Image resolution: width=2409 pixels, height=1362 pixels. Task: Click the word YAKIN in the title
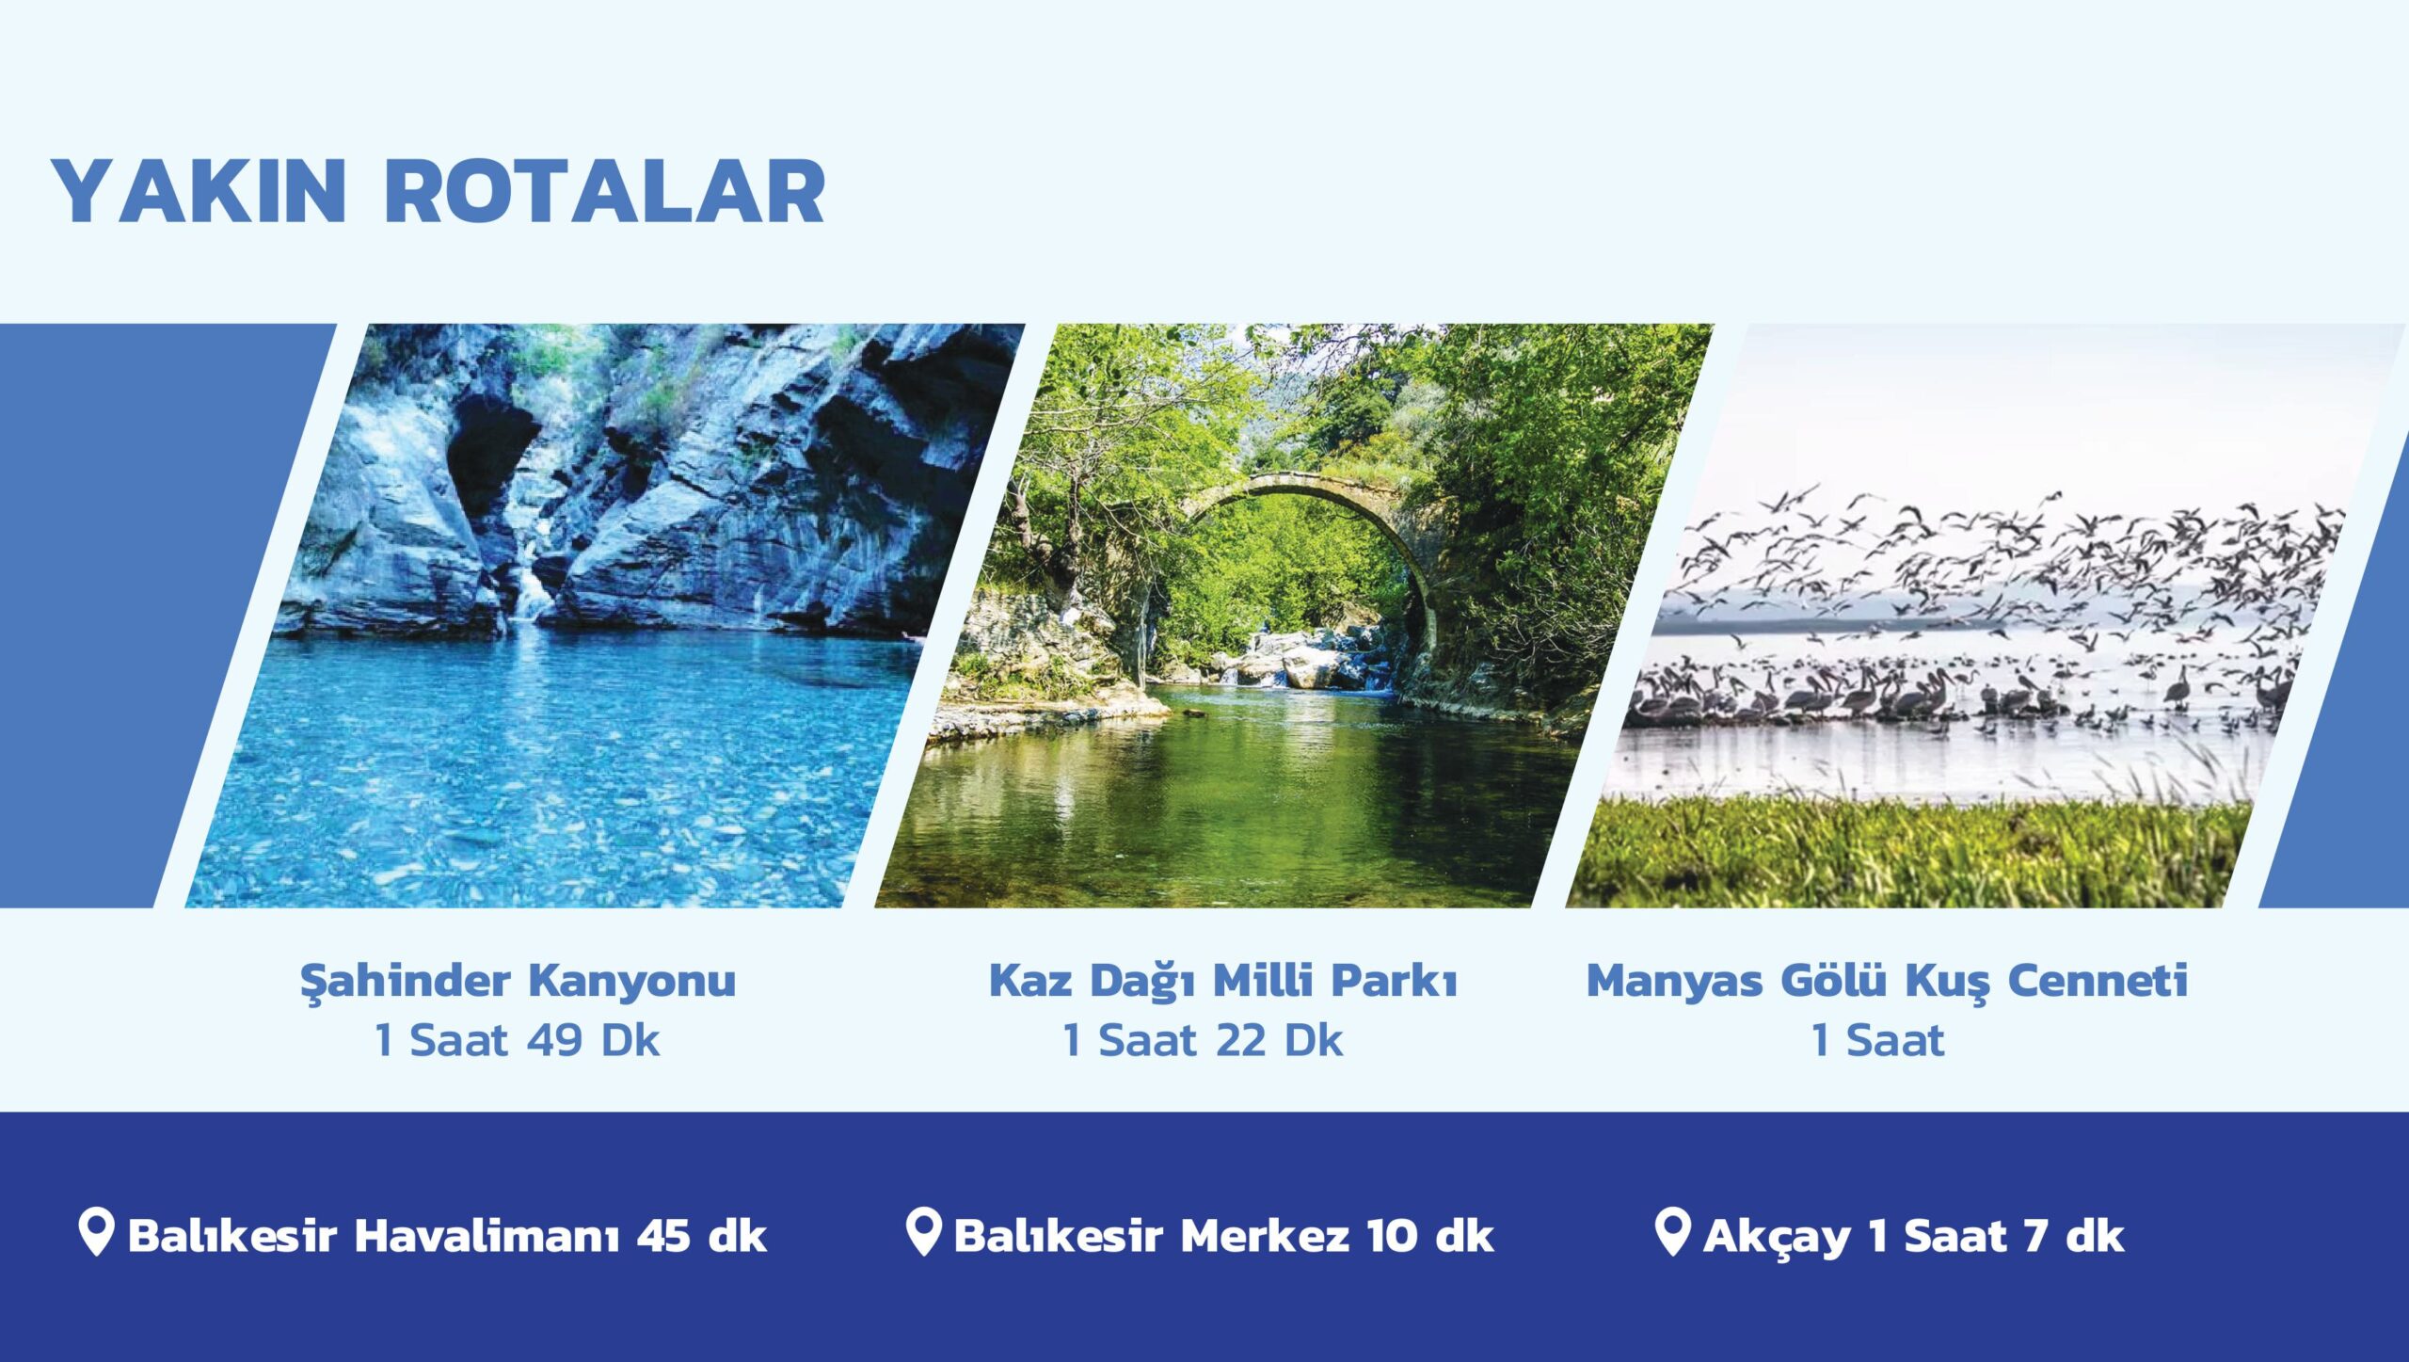point(199,191)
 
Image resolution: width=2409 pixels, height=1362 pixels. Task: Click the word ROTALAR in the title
point(605,191)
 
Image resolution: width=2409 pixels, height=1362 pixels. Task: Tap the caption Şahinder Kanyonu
point(518,981)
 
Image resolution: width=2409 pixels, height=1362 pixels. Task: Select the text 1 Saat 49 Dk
point(517,1040)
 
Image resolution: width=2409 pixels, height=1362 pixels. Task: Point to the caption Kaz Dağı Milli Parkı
point(1223,981)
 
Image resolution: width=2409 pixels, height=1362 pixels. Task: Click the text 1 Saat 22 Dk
point(1203,1040)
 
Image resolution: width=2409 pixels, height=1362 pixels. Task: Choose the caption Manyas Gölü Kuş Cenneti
point(1887,981)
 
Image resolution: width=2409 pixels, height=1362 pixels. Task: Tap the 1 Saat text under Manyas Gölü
point(1877,1040)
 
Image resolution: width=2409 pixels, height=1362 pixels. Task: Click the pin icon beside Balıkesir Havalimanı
point(96,1232)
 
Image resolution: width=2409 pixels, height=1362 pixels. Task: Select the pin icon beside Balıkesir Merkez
point(923,1232)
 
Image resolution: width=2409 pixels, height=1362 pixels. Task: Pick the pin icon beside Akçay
point(1672,1232)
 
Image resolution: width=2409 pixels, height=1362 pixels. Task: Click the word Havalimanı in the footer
point(487,1235)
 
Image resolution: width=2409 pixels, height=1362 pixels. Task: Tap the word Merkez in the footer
point(1265,1235)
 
